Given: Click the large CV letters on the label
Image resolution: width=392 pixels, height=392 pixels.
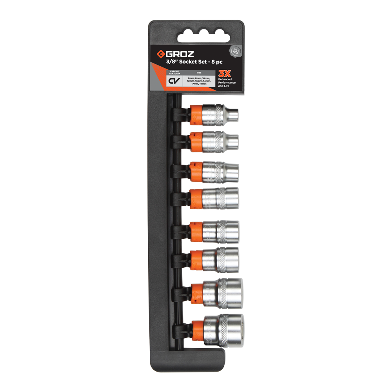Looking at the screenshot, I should [174, 80].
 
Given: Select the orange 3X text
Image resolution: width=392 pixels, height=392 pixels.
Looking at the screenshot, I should [224, 73].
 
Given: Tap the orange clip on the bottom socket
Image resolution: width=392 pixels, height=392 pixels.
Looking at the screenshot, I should [196, 332].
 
